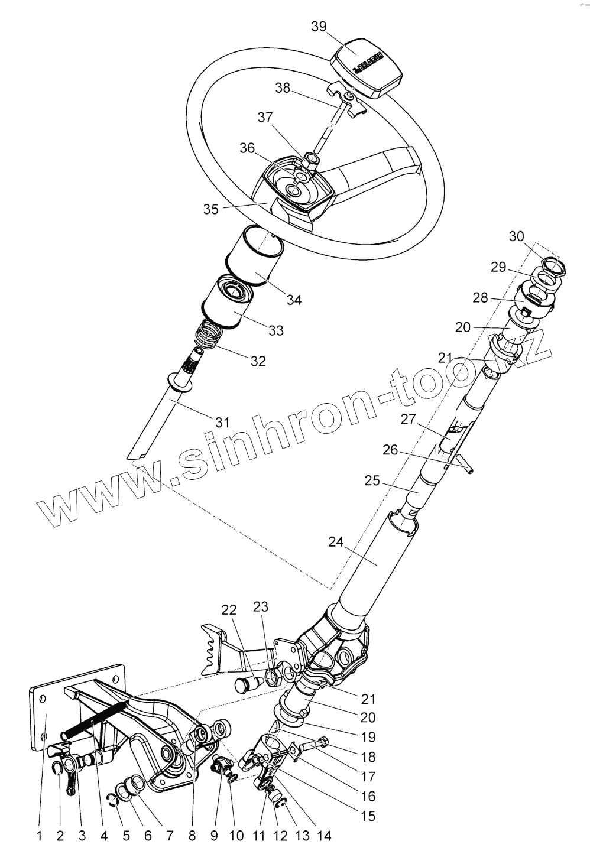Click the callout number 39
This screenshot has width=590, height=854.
point(319,27)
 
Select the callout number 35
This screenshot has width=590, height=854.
point(211,209)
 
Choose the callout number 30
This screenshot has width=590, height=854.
point(516,236)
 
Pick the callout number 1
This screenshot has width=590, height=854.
point(39,836)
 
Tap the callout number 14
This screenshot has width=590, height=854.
point(324,836)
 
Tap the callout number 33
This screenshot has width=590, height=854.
point(276,330)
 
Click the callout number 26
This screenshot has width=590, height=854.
point(390,450)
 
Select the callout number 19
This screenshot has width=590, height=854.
point(368,737)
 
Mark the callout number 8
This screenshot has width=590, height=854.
point(192,836)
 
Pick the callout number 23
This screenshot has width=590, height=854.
point(261,606)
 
